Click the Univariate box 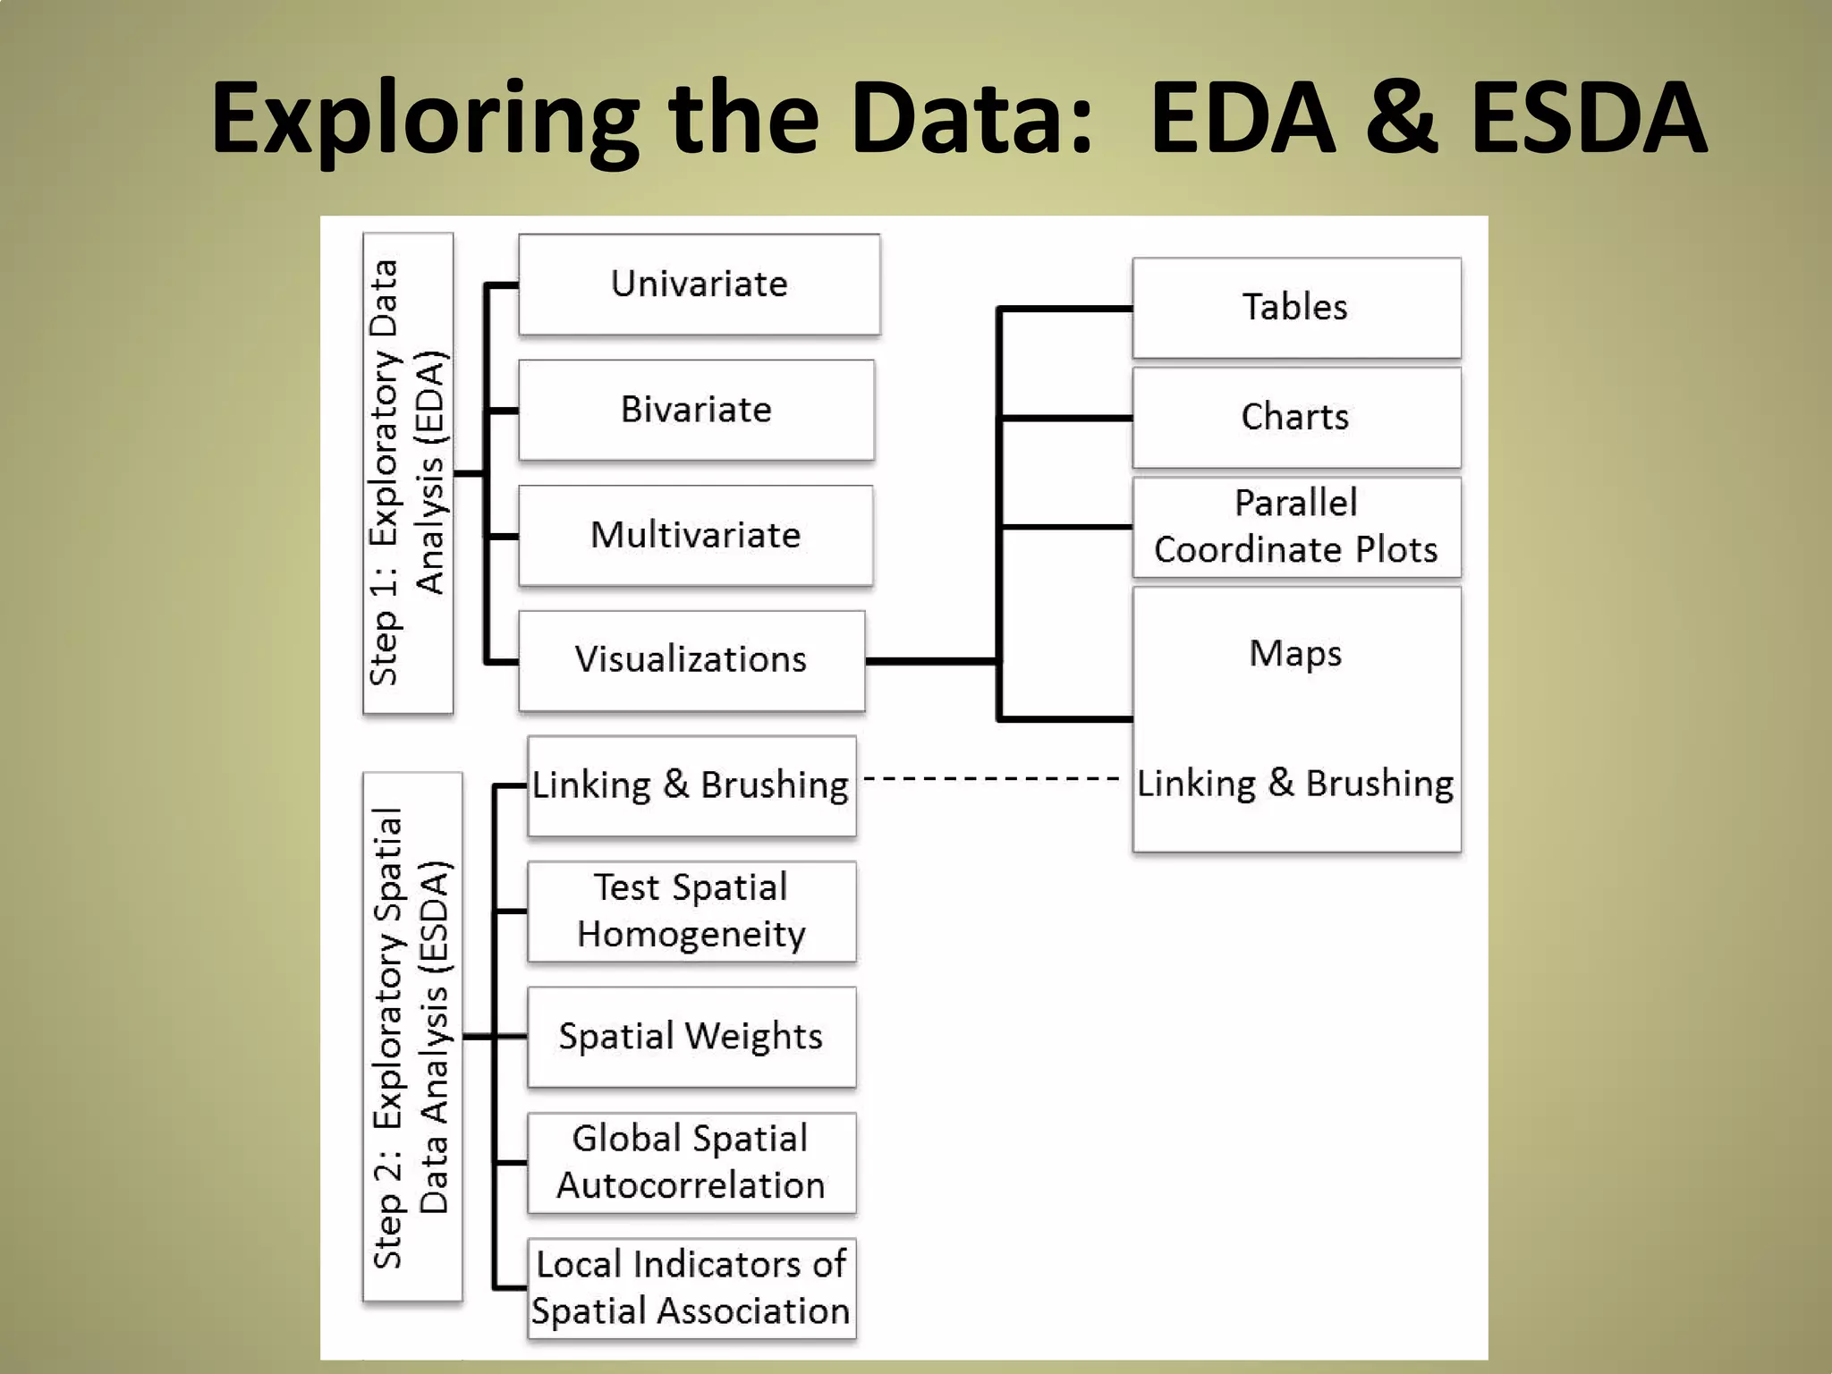coord(699,284)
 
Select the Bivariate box coord(696,410)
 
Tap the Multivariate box coord(695,535)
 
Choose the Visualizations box coord(691,660)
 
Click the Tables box coord(1295,308)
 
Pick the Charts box coord(1295,418)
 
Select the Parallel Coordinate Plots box coord(1295,527)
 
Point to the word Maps coord(1295,654)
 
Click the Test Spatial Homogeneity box coord(691,911)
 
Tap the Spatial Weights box coord(691,1037)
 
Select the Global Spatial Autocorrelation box coord(691,1162)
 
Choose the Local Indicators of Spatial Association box coord(691,1288)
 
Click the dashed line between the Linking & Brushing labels coord(991,779)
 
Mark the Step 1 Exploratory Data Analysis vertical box coord(408,473)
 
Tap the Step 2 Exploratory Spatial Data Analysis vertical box coord(412,1036)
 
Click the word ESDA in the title coord(1589,118)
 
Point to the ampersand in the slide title coord(1402,118)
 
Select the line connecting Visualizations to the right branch coord(930,661)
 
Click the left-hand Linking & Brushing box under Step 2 coord(691,785)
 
